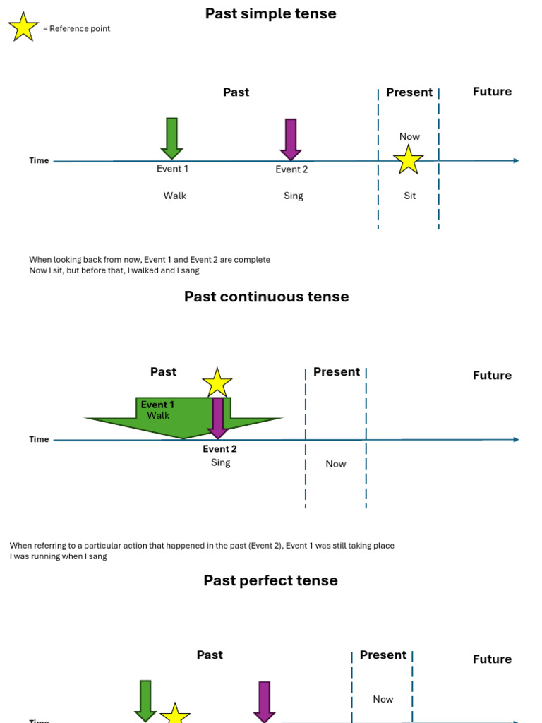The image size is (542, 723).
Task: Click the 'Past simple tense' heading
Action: (270, 13)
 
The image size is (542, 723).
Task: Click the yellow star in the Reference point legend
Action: (23, 27)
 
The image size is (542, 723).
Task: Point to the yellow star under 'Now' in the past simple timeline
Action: (409, 160)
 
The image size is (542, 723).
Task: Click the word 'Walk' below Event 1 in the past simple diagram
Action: (174, 196)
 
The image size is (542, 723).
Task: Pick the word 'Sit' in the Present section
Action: (409, 196)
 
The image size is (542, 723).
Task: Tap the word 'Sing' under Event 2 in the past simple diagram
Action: (293, 196)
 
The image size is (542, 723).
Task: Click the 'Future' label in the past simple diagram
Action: (492, 92)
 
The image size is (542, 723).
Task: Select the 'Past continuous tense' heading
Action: (266, 297)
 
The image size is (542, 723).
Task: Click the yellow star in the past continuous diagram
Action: (217, 383)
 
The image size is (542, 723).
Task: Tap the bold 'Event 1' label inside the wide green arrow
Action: (157, 405)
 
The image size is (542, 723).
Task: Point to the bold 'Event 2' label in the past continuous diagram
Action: (219, 449)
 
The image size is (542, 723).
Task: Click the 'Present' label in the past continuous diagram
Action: (337, 372)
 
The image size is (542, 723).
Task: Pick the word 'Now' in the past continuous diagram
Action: (336, 464)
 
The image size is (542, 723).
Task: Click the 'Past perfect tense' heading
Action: (270, 580)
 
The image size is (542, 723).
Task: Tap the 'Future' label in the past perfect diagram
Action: (492, 659)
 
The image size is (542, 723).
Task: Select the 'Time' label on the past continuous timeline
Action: (39, 439)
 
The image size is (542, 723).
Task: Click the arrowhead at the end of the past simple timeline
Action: (516, 161)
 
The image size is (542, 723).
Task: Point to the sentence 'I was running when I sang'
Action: (58, 556)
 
